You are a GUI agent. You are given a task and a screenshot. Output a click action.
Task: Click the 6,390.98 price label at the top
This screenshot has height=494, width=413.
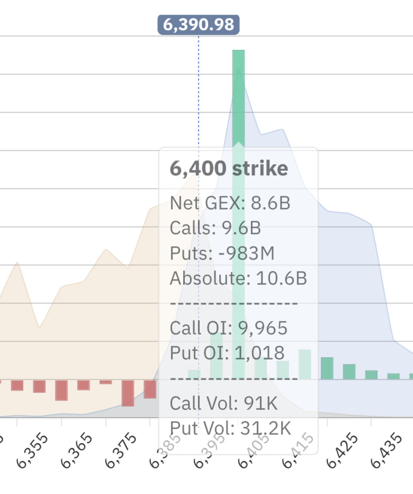[199, 25]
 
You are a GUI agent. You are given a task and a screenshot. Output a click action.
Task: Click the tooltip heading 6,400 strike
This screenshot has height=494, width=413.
[229, 169]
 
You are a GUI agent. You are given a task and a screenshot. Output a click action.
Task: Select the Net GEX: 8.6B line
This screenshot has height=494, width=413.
[230, 203]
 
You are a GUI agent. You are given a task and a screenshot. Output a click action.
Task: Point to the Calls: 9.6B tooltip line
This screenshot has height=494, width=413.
[215, 228]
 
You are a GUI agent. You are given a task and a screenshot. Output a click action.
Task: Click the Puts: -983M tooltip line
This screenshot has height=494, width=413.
[222, 253]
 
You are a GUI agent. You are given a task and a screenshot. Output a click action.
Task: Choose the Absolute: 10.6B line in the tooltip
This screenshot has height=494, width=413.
[238, 278]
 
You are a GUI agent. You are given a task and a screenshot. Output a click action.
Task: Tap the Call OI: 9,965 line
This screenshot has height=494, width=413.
[229, 328]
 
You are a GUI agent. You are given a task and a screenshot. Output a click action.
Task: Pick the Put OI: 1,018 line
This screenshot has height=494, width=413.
[227, 353]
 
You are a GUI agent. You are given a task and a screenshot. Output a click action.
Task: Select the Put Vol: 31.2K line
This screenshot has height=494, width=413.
[230, 428]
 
